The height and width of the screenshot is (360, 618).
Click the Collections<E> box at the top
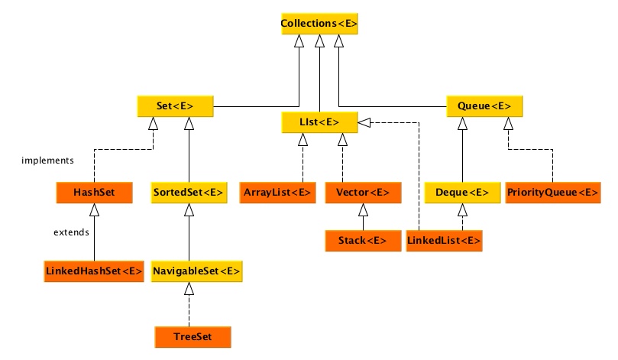pos(319,24)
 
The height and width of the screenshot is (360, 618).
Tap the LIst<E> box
pos(319,122)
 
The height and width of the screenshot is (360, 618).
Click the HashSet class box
pos(94,193)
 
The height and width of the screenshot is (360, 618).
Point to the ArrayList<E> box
pos(277,193)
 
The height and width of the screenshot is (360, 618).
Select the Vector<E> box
pos(362,193)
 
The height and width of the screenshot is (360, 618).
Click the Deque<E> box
pos(461,193)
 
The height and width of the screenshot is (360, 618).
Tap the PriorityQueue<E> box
pos(552,193)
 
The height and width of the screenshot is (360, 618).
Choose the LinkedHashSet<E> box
pos(94,271)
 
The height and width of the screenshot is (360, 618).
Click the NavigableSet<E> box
pos(196,271)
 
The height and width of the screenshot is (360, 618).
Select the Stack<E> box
pos(362,241)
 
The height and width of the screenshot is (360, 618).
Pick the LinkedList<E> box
pos(444,241)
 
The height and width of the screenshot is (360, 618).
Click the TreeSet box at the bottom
pos(191,336)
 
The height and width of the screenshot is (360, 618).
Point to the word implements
pos(47,161)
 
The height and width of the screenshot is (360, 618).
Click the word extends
pos(71,232)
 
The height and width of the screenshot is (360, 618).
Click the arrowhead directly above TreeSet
pos(190,288)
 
